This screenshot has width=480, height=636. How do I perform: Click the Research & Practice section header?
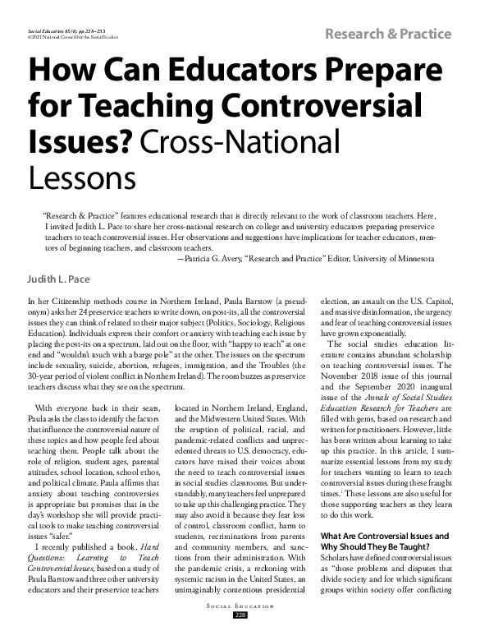coord(389,34)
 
